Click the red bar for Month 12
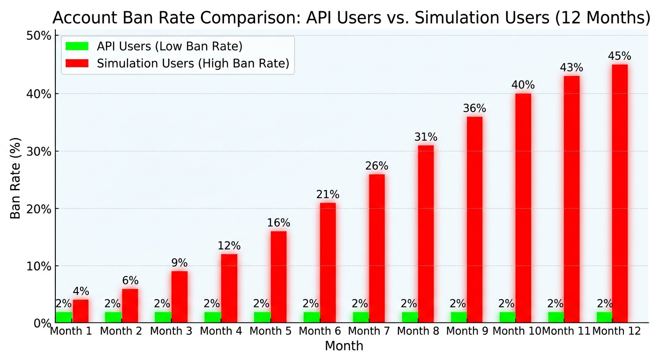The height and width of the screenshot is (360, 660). click(620, 193)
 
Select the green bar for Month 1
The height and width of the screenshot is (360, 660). click(64, 317)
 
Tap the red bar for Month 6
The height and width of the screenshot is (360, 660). click(328, 262)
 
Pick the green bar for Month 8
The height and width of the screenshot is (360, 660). click(410, 317)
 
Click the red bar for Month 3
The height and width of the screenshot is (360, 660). click(180, 297)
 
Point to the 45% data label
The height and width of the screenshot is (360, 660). click(619, 56)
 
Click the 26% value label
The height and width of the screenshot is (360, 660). click(376, 166)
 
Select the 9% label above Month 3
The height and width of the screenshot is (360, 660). click(180, 262)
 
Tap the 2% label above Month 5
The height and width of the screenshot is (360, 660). click(261, 303)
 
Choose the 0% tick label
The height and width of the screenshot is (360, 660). click(43, 323)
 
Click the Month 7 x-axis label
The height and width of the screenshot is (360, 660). click(368, 331)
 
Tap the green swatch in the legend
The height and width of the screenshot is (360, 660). click(77, 46)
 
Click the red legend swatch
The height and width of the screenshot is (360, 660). click(77, 63)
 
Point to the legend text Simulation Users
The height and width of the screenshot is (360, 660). click(145, 63)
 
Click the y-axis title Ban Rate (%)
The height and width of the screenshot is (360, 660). click(15, 178)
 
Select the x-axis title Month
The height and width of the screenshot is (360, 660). click(344, 345)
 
